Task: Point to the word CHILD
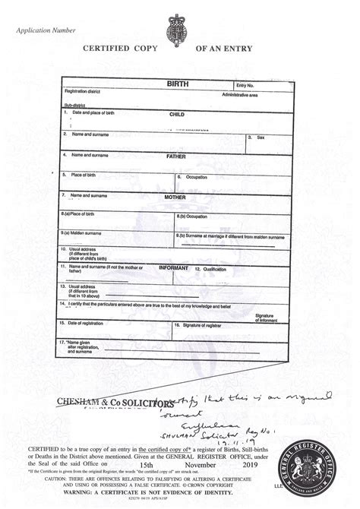coord(177,114)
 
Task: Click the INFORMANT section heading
coord(173,268)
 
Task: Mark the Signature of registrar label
coord(204,324)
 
